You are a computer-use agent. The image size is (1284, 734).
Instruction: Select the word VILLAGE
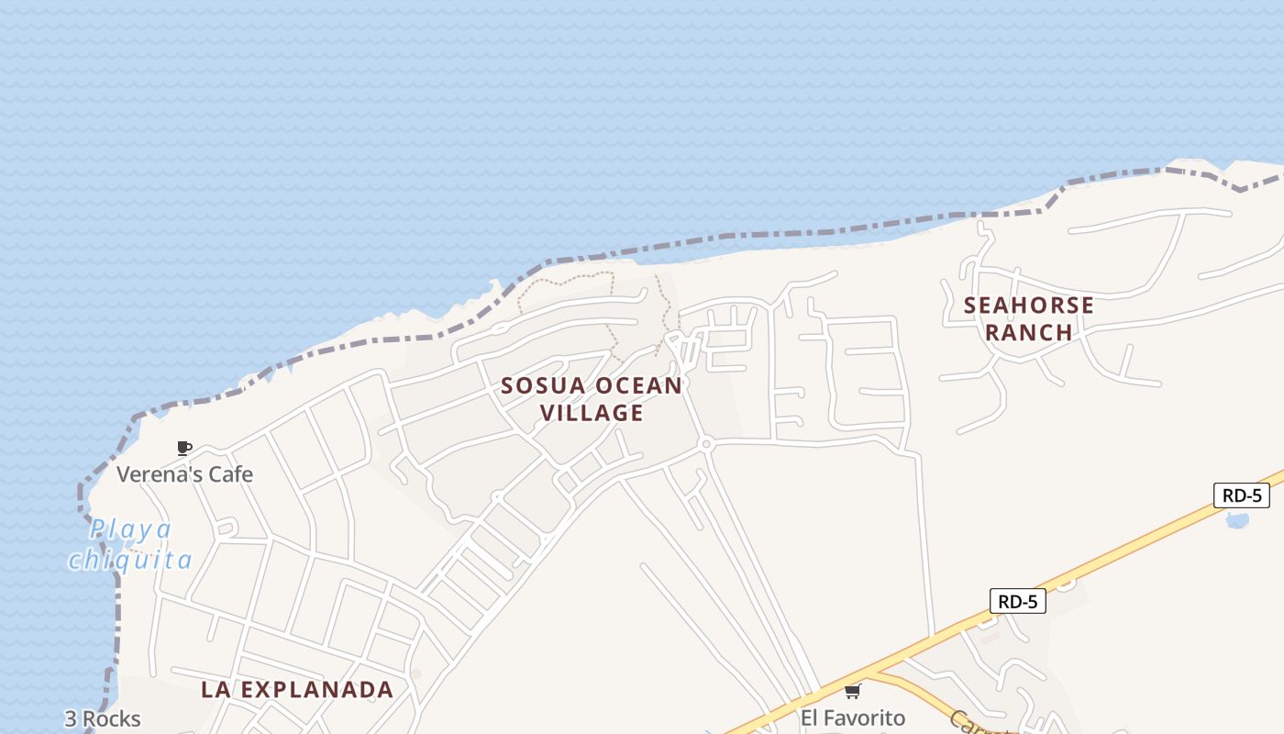pyautogui.click(x=592, y=414)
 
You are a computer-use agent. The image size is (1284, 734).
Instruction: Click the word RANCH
pyautogui.click(x=1029, y=332)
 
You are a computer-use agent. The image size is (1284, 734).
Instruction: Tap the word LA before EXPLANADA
pyautogui.click(x=216, y=690)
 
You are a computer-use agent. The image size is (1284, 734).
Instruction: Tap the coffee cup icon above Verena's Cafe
pyautogui.click(x=183, y=448)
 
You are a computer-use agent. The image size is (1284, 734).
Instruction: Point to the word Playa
pyautogui.click(x=131, y=529)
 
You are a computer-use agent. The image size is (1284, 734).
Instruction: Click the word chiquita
pyautogui.click(x=130, y=560)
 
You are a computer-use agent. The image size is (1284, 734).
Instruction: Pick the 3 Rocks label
pyautogui.click(x=103, y=718)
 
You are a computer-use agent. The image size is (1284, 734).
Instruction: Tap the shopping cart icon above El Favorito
pyautogui.click(x=852, y=691)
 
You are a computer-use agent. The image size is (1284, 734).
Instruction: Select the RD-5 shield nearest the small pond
pyautogui.click(x=1242, y=495)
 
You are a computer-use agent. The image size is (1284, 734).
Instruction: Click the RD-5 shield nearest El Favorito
pyautogui.click(x=1018, y=602)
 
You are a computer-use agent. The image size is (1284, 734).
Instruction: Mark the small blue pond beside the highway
pyautogui.click(x=1237, y=521)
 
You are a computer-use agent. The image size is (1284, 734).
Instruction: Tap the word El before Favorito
pyautogui.click(x=810, y=717)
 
